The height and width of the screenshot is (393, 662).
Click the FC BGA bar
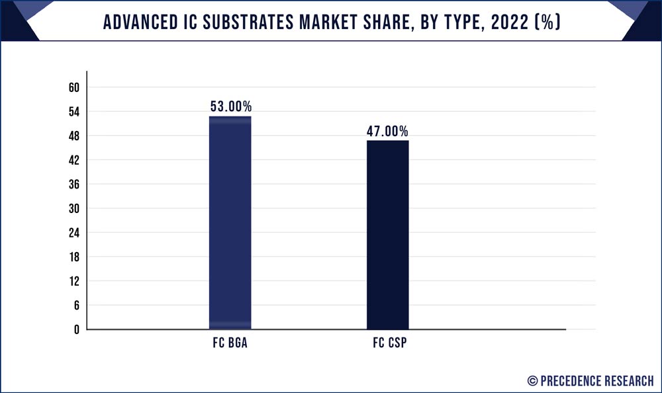pos(230,222)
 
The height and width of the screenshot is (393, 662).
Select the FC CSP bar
pos(388,234)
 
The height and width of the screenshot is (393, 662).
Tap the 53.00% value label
pos(230,107)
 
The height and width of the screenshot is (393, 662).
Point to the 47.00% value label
pos(388,131)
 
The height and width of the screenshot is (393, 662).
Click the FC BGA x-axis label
pos(230,345)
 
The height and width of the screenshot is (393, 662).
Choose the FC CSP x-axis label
pos(388,345)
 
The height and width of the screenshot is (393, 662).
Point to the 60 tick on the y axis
pos(73,87)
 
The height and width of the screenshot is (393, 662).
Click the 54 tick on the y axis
pos(73,112)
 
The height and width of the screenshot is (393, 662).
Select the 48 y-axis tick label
pos(73,136)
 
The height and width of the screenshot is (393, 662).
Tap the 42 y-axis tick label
pos(73,160)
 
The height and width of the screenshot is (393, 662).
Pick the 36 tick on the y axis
pos(73,184)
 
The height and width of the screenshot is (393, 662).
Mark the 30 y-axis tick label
pos(73,208)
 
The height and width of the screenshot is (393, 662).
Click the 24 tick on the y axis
pos(73,232)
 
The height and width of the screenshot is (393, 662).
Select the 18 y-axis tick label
pos(73,257)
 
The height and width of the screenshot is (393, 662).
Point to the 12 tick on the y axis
pos(73,281)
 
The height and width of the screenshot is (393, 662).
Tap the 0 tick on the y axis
pos(76,329)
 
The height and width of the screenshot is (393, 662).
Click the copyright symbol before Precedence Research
pos(532,380)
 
